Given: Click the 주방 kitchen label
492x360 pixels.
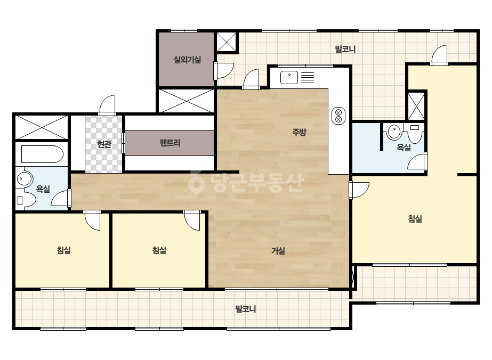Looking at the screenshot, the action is [x=299, y=132].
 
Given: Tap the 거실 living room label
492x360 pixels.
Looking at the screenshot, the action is [x=278, y=250].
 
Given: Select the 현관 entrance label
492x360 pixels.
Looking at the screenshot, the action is [x=104, y=144].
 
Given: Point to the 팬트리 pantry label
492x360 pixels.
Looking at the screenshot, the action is [x=170, y=143].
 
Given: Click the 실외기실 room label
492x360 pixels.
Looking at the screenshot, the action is [x=187, y=60].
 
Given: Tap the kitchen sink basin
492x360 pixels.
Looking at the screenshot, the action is [x=289, y=77].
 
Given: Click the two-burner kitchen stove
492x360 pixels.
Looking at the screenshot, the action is [x=338, y=116].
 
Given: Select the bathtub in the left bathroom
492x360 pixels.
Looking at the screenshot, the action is [x=42, y=154].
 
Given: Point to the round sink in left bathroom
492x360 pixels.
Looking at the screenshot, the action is [x=24, y=179].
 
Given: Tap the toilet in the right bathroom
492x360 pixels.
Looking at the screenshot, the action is [x=415, y=133].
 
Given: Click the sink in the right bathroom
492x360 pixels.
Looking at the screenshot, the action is [x=394, y=132].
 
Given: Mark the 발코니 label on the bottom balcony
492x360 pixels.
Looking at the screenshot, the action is [x=246, y=309].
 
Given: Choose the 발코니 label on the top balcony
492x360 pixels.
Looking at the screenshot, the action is [x=345, y=49].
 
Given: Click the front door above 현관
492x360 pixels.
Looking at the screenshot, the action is [x=107, y=105].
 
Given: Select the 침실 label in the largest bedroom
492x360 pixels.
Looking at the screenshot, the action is [x=415, y=218].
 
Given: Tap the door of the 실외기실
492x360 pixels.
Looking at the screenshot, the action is [x=224, y=70].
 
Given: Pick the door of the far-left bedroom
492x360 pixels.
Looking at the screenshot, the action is [x=92, y=220].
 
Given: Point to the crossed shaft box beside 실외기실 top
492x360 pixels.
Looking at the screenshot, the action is [x=227, y=42].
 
